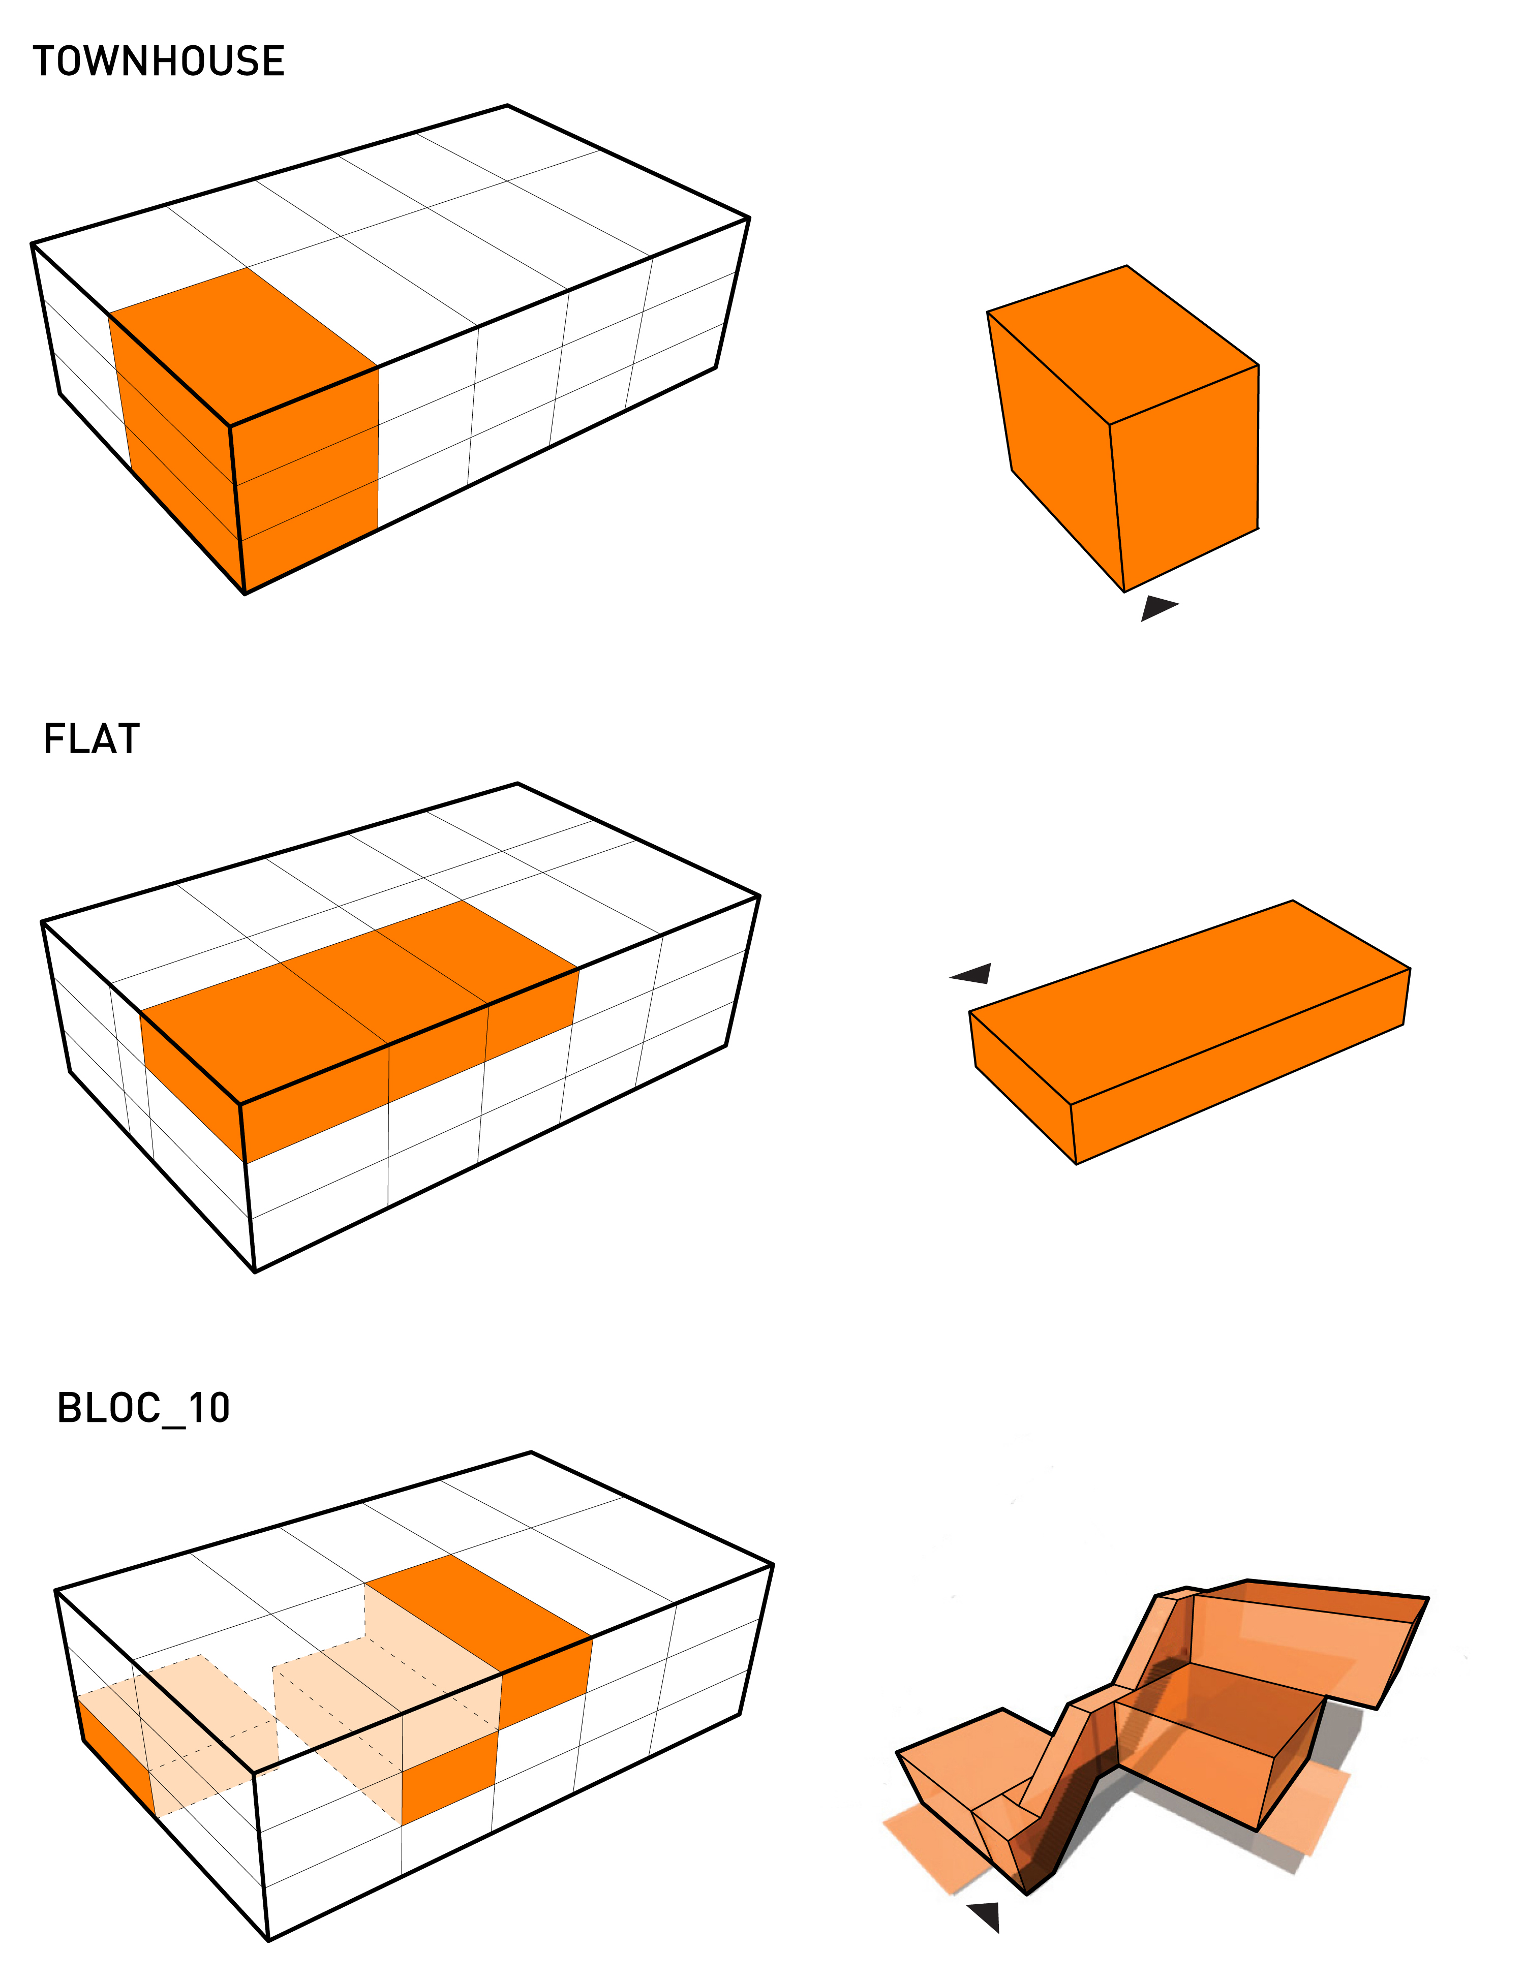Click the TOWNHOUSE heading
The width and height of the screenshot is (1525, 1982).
point(159,61)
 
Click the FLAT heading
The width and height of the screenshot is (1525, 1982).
point(91,739)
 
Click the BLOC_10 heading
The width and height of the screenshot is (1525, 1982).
point(143,1408)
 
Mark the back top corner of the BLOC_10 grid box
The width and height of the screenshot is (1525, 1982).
point(531,1452)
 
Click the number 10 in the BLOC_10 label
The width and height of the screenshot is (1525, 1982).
point(209,1408)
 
